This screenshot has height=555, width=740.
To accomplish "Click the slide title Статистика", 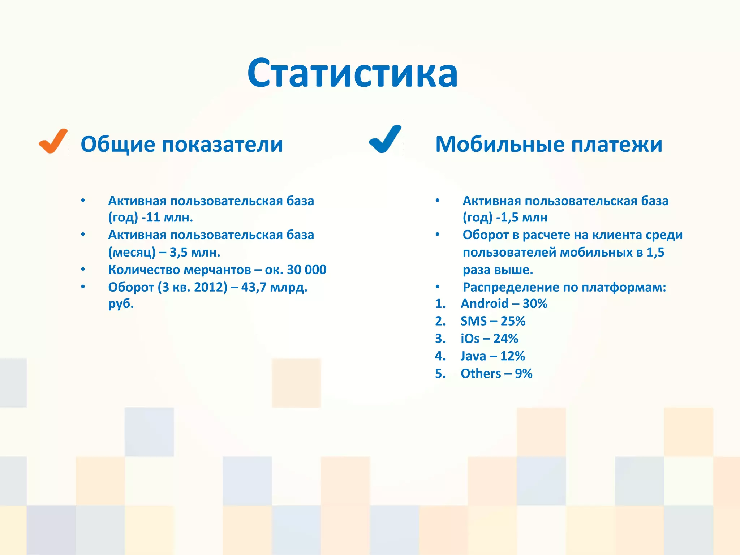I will coord(353,74).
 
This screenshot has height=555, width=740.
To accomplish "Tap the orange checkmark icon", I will coord(53,141).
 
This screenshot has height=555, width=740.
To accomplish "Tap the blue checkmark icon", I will coord(385,139).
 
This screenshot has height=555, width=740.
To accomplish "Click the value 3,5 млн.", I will coord(195,252).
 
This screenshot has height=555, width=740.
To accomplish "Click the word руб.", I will coord(121,304).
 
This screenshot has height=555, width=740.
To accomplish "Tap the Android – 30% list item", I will coord(504,304).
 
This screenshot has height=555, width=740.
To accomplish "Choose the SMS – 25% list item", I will coord(492,321).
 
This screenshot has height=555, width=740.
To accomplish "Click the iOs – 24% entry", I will coord(489,339).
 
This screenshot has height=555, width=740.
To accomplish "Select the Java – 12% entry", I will coord(492,356).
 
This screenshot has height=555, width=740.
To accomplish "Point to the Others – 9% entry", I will coord(496,373).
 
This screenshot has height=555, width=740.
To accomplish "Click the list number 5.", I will coord(440,373).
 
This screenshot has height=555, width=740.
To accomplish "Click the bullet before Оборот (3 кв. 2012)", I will coord(83,287).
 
